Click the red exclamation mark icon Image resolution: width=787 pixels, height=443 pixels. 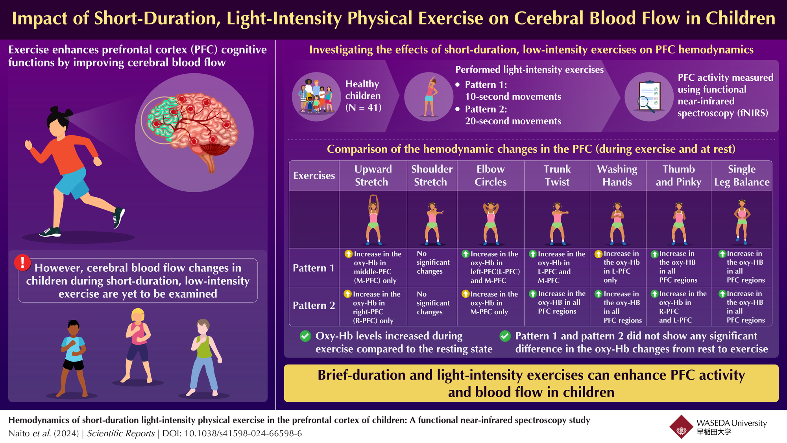22,263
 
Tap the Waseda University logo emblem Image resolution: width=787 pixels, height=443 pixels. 681,426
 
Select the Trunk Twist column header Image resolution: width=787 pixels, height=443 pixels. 557,176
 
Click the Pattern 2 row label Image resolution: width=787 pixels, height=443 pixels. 314,306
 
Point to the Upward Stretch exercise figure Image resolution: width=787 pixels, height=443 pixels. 373,220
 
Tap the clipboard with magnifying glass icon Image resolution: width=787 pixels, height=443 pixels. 648,97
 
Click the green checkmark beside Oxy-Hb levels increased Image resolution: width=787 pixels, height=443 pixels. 306,336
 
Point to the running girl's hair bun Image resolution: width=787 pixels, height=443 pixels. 55,110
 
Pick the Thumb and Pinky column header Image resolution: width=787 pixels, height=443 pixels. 678,176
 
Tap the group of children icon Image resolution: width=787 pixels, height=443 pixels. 316,96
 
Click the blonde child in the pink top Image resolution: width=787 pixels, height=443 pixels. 137,345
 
